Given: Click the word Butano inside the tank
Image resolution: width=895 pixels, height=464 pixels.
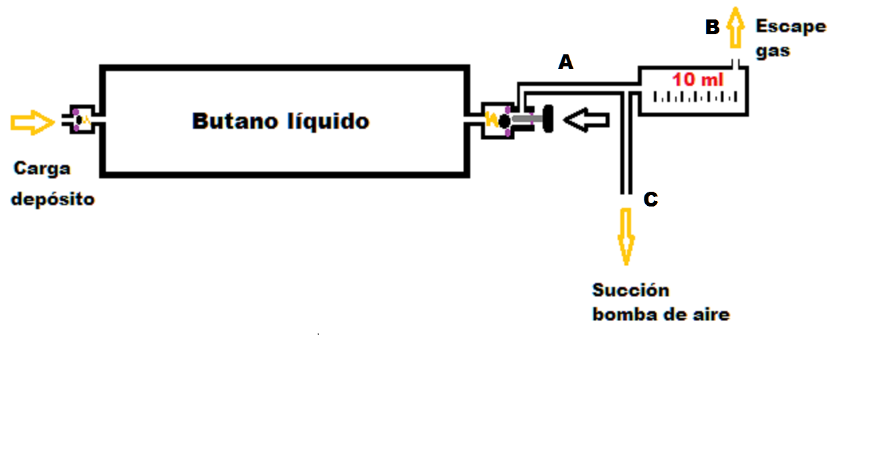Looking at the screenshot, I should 230,121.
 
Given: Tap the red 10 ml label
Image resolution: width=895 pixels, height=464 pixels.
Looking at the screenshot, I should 698,79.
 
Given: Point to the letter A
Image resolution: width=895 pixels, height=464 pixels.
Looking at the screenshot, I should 566,63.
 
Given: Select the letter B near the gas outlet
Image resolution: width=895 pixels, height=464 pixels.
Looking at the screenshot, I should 712,27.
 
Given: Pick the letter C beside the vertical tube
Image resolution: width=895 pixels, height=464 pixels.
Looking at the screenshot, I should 650,200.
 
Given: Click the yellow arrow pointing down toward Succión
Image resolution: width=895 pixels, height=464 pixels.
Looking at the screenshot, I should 626,235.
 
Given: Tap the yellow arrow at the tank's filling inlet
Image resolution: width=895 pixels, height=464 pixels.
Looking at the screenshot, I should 31,122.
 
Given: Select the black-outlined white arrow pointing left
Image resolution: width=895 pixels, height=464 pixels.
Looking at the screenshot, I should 587,121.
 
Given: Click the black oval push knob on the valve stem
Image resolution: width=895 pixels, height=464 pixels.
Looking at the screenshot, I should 546,119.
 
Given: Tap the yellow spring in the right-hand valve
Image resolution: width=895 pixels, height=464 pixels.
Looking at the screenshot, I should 492,121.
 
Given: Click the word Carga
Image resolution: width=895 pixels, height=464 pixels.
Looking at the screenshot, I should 42,169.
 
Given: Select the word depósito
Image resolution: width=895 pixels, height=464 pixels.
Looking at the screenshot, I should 53,199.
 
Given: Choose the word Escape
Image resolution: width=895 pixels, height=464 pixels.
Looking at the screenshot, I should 790,27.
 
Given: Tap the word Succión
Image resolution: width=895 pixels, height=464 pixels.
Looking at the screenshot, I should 630,290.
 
